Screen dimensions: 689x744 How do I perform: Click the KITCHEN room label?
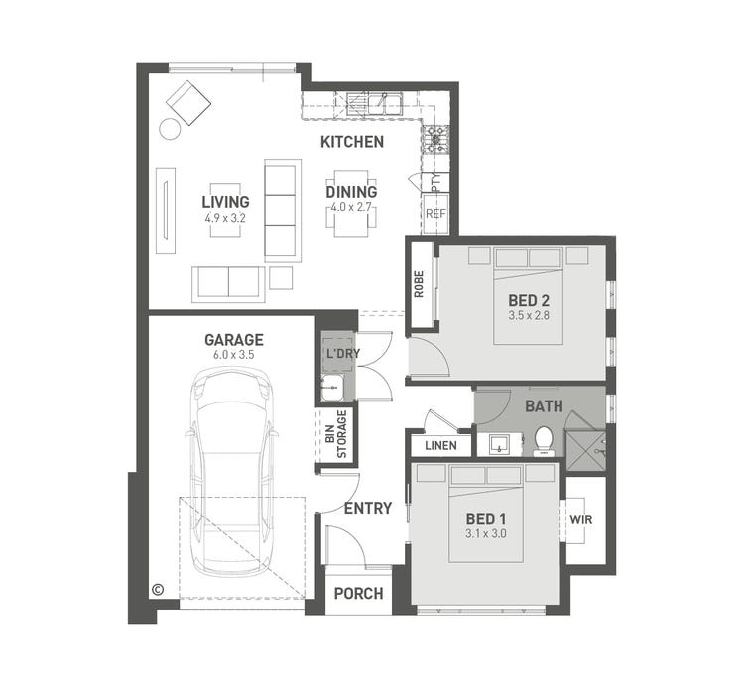click(x=351, y=142)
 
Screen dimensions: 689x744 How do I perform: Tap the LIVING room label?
click(x=226, y=202)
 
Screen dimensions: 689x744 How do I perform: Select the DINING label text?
click(x=351, y=192)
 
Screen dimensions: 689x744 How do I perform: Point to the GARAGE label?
click(x=234, y=340)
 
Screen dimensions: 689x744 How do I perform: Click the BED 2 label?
click(x=529, y=301)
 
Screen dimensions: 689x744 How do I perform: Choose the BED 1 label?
click(x=486, y=518)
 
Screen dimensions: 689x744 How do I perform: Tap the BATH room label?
click(x=544, y=406)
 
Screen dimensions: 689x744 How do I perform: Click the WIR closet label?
click(x=579, y=519)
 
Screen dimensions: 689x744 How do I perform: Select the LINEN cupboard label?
click(x=440, y=446)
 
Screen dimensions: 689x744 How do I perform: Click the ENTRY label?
click(x=368, y=509)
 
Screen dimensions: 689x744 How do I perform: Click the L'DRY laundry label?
click(x=336, y=353)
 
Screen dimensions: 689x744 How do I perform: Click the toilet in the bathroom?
click(x=544, y=439)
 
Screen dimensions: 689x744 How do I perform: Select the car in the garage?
click(x=233, y=466)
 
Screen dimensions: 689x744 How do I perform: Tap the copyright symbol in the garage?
click(x=157, y=589)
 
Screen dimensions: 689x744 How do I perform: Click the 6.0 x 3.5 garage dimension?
click(x=234, y=355)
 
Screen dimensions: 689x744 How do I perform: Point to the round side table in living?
click(x=170, y=128)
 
